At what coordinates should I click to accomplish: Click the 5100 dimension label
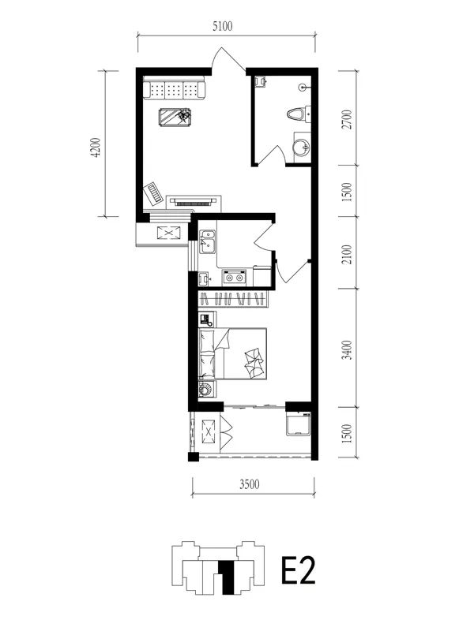click(223, 27)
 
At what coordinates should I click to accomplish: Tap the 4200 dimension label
click(96, 147)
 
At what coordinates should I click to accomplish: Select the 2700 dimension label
click(347, 119)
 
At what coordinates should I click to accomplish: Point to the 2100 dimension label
click(347, 254)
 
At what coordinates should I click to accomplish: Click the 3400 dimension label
click(347, 349)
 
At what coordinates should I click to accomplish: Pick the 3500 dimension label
click(249, 484)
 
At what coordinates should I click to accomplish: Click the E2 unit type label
click(299, 569)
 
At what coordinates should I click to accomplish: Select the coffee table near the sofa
click(175, 117)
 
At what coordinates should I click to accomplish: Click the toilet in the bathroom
click(299, 114)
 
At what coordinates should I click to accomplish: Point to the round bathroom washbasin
click(300, 147)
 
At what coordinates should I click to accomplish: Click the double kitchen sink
click(208, 241)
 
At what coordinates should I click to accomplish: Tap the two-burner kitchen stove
click(234, 278)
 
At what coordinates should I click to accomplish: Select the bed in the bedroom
click(232, 353)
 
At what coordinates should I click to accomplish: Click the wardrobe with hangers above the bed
click(233, 300)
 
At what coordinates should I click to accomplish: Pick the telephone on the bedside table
click(206, 320)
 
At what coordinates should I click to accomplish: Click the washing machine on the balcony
click(299, 424)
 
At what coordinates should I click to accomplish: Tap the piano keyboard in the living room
click(153, 193)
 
